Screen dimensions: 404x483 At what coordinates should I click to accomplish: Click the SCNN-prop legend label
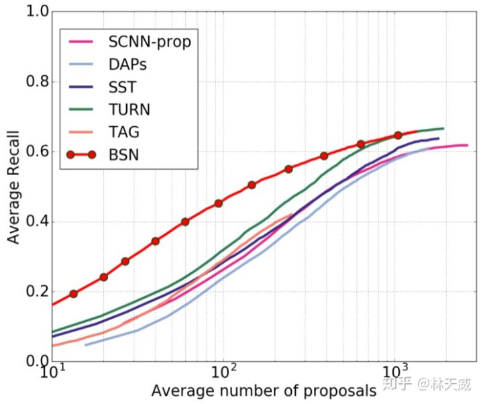[x=149, y=42]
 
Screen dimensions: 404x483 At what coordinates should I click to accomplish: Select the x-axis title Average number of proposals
[x=263, y=391]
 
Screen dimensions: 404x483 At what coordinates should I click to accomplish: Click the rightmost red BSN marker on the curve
[x=398, y=136]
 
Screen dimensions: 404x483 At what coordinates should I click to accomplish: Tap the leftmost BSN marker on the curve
[x=74, y=294]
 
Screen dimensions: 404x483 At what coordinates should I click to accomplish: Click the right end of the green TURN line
[x=443, y=128]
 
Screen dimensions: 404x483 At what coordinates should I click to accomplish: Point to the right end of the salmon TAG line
[x=292, y=215]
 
